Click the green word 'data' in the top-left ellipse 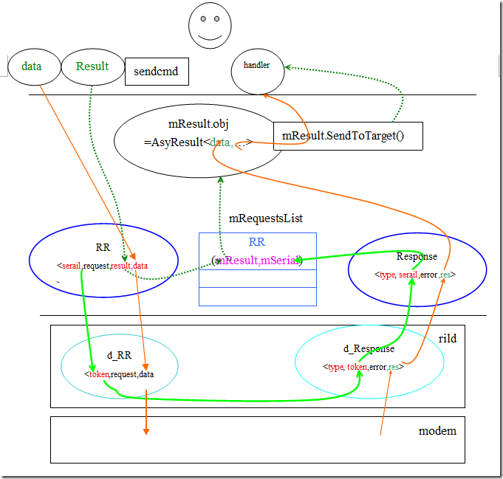[31, 66]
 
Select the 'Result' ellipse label [92, 66]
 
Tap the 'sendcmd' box [157, 72]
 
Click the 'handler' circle [257, 66]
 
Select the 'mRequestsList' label [265, 218]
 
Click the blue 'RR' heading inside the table [257, 241]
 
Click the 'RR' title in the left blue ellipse [103, 247]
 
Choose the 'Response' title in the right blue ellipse [417, 256]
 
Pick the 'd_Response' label [369, 348]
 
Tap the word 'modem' [437, 431]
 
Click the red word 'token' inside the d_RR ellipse [98, 374]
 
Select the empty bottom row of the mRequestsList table [257, 296]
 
